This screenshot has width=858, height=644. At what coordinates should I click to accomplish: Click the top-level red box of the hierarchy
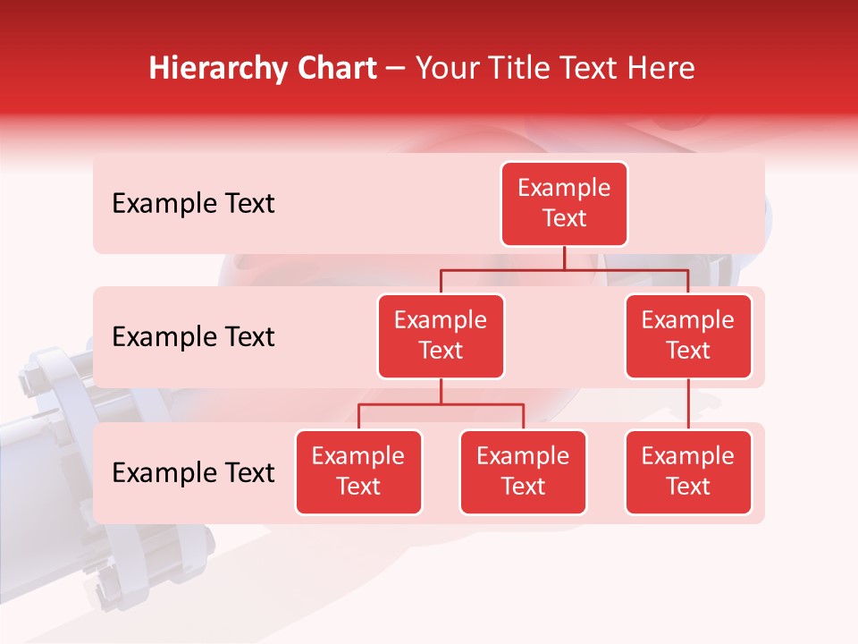click(x=564, y=203)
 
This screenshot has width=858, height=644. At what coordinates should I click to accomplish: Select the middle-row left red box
click(x=441, y=335)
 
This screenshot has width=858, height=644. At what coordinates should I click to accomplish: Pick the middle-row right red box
click(x=688, y=335)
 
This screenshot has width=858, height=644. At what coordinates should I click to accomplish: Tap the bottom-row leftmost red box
click(x=358, y=471)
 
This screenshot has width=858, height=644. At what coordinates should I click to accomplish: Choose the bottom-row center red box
click(x=523, y=471)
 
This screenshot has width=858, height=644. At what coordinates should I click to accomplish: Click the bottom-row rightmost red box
click(x=688, y=471)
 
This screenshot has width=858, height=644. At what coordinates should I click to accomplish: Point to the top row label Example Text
click(x=193, y=204)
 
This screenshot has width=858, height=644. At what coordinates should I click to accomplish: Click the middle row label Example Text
click(x=193, y=337)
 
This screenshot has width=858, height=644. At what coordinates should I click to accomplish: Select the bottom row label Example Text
click(x=193, y=472)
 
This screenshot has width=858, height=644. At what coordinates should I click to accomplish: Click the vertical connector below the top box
click(x=564, y=258)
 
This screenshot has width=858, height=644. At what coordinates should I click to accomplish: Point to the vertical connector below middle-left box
click(x=441, y=391)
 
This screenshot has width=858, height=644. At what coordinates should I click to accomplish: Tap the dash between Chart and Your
click(x=396, y=69)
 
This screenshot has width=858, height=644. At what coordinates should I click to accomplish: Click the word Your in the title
click(x=445, y=68)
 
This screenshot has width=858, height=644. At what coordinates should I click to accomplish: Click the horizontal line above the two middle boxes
click(x=564, y=269)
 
